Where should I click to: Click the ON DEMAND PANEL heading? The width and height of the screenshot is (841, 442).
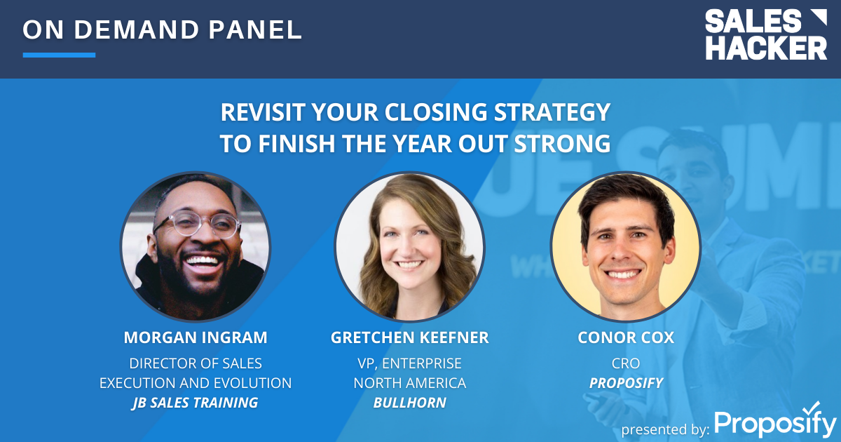(x=162, y=29)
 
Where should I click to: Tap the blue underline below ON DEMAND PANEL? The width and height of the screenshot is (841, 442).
(x=59, y=55)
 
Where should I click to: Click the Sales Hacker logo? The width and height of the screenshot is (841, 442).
(x=765, y=34)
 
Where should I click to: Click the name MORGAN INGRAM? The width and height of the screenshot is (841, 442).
(x=196, y=337)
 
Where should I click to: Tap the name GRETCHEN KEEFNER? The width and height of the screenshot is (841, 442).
(x=409, y=337)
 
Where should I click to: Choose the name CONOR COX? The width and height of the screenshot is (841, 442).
(x=625, y=337)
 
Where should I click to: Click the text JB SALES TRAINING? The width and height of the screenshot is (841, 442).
(x=196, y=403)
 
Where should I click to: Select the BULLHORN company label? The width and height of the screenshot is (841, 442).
(x=409, y=403)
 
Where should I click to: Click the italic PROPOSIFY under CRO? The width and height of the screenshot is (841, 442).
(x=625, y=383)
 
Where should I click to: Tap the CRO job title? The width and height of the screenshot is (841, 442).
(x=625, y=363)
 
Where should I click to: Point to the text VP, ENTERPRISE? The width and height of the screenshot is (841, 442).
(x=409, y=363)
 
